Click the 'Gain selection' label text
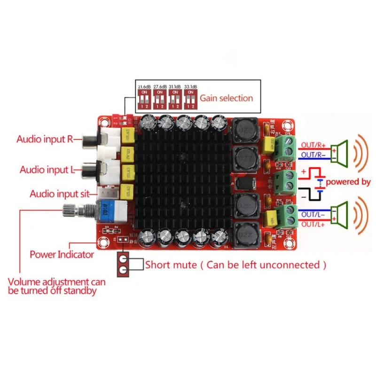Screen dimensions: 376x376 (227, 98)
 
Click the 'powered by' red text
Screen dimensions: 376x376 (348, 181)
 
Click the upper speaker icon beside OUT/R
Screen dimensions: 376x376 (341, 149)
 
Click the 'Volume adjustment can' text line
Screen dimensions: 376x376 (56, 282)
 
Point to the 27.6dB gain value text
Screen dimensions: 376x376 (159, 86)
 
